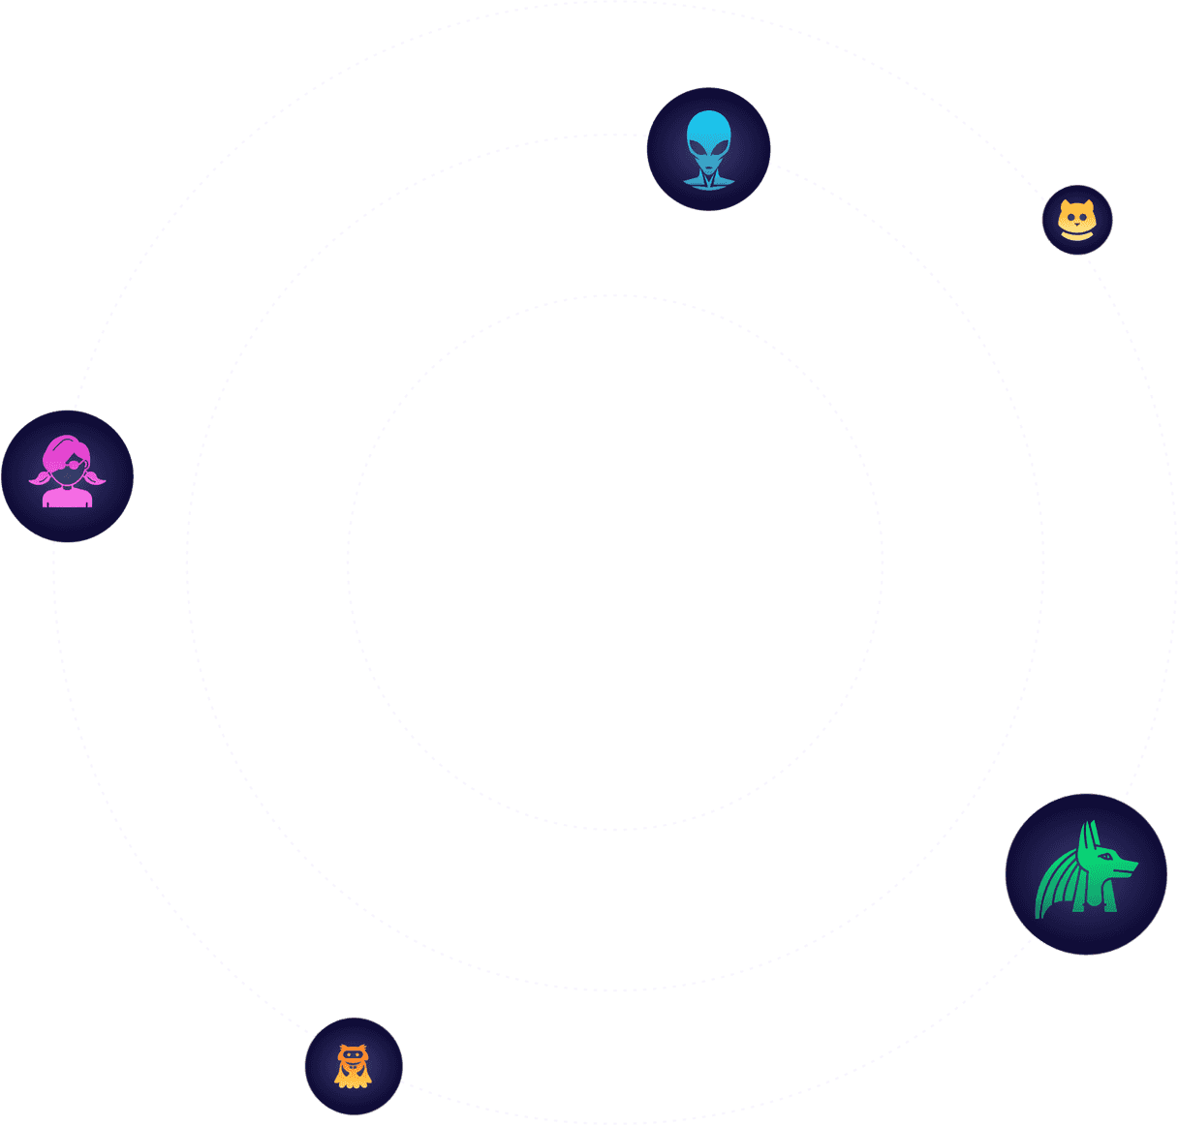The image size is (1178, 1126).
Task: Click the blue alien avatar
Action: tap(708, 149)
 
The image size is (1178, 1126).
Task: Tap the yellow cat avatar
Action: tap(1077, 220)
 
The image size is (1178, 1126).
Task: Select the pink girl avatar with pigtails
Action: tap(67, 475)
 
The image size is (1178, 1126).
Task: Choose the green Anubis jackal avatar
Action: tap(1086, 874)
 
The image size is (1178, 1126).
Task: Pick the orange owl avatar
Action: tap(354, 1066)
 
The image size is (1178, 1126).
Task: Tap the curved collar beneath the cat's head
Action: tap(1077, 235)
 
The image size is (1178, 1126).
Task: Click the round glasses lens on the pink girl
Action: tap(75, 465)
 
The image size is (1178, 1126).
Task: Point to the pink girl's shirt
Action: tap(67, 498)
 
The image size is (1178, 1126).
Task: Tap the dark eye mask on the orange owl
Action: tap(354, 1054)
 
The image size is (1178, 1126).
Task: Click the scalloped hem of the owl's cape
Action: tap(354, 1083)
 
